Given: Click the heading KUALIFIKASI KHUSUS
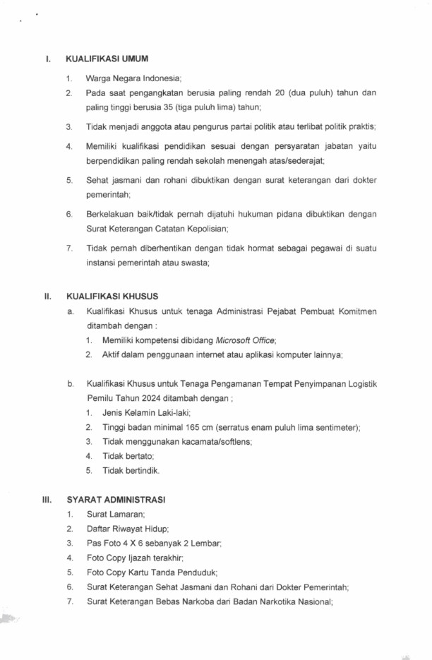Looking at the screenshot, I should tap(112, 296).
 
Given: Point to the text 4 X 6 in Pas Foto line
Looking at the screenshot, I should tap(131, 543).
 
